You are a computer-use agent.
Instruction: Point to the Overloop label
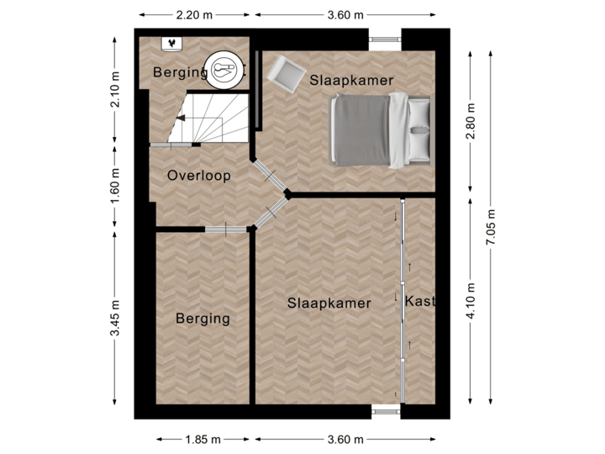(198, 177)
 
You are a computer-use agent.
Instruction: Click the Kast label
(419, 301)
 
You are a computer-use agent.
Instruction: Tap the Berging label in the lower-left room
(203, 319)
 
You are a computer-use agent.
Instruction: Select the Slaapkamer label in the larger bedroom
(329, 303)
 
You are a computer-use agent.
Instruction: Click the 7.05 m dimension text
(490, 226)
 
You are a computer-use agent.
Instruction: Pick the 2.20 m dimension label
(194, 14)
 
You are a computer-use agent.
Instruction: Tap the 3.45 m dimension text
(115, 319)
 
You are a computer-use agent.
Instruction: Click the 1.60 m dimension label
(115, 185)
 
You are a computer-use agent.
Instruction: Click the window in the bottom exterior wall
(387, 411)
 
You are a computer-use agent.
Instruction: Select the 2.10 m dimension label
(115, 88)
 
